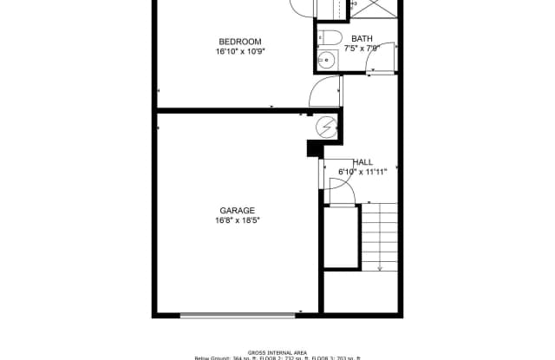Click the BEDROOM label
[x=240, y=42]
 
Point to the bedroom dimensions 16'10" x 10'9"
[x=240, y=51]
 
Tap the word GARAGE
[x=237, y=210]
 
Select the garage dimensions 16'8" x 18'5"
[x=237, y=220]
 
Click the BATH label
[x=362, y=38]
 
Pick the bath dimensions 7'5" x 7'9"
[x=362, y=49]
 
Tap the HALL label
[x=362, y=162]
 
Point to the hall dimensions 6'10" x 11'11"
[x=362, y=172]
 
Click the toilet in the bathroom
[x=329, y=36]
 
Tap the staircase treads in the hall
[x=379, y=234]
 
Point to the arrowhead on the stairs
[x=379, y=268]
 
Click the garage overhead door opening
[x=238, y=315]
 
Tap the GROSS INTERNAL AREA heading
[x=277, y=352]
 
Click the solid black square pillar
[x=314, y=149]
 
